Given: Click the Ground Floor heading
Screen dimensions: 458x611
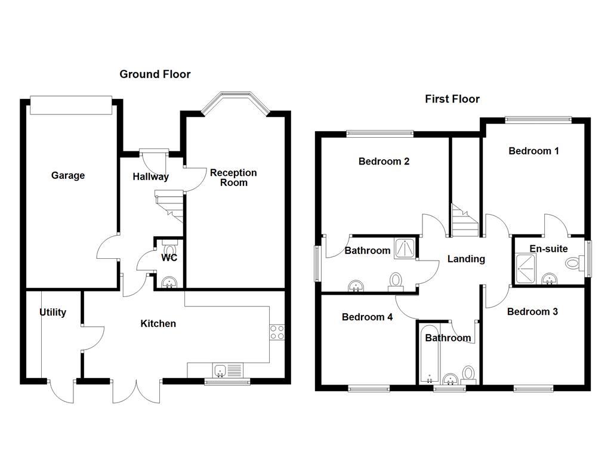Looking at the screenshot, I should (155, 74).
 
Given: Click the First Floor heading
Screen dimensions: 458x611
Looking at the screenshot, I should (452, 99).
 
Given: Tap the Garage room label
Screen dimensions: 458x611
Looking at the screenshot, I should (68, 175).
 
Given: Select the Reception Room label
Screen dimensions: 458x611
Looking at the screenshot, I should (233, 178).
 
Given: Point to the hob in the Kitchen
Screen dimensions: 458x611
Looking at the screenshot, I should (276, 332).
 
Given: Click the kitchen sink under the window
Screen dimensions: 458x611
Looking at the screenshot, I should (220, 371).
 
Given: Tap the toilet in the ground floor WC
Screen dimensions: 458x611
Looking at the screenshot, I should (170, 250).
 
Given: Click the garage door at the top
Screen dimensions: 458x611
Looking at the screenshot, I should (72, 106).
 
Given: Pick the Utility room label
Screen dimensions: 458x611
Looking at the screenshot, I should (53, 312).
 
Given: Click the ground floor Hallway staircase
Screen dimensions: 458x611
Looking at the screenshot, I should (169, 205).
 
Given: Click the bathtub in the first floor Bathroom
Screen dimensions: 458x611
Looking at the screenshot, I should (429, 354).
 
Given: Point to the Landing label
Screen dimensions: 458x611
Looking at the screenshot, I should (466, 259).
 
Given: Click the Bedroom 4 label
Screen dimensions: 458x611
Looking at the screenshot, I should (367, 317).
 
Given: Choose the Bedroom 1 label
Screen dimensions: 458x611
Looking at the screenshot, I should (533, 151).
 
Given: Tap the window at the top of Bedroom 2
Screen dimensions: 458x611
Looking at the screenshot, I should (380, 134).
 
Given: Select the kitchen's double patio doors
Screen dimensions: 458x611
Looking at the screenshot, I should (137, 391).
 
